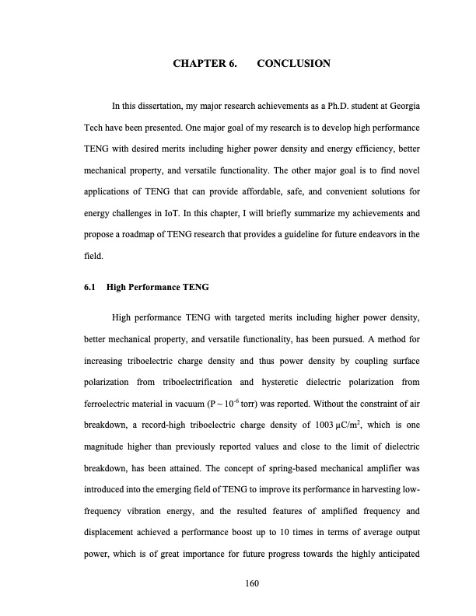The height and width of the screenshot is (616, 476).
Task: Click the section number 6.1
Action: pos(89,287)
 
